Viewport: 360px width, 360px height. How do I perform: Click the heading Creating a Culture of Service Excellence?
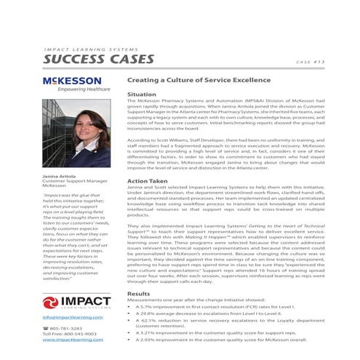point(199,80)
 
